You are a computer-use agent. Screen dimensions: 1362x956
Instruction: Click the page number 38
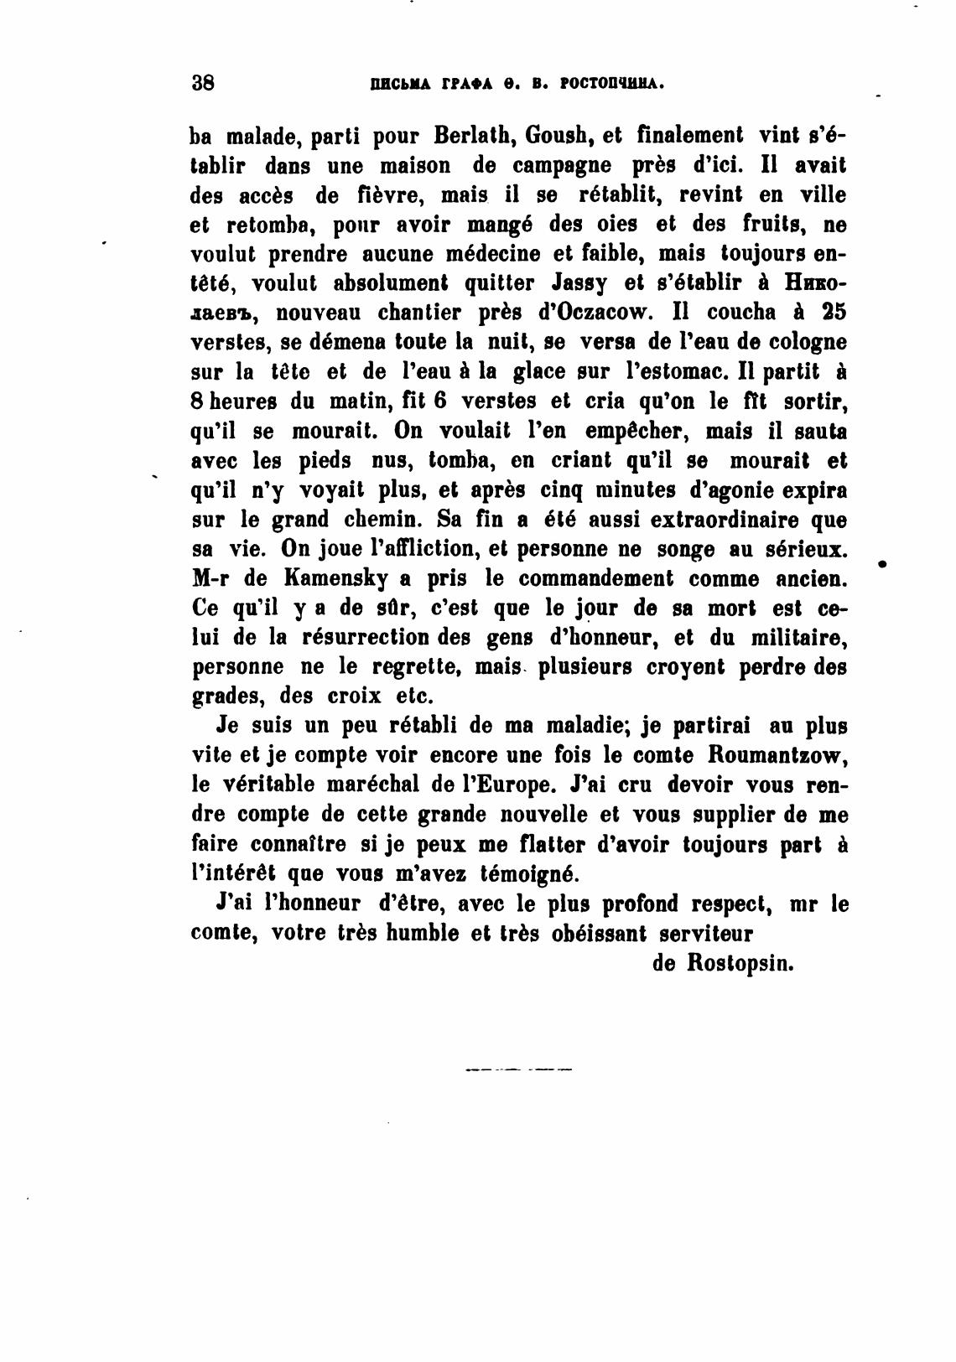204,83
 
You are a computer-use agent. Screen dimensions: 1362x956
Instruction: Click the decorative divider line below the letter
517,1069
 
